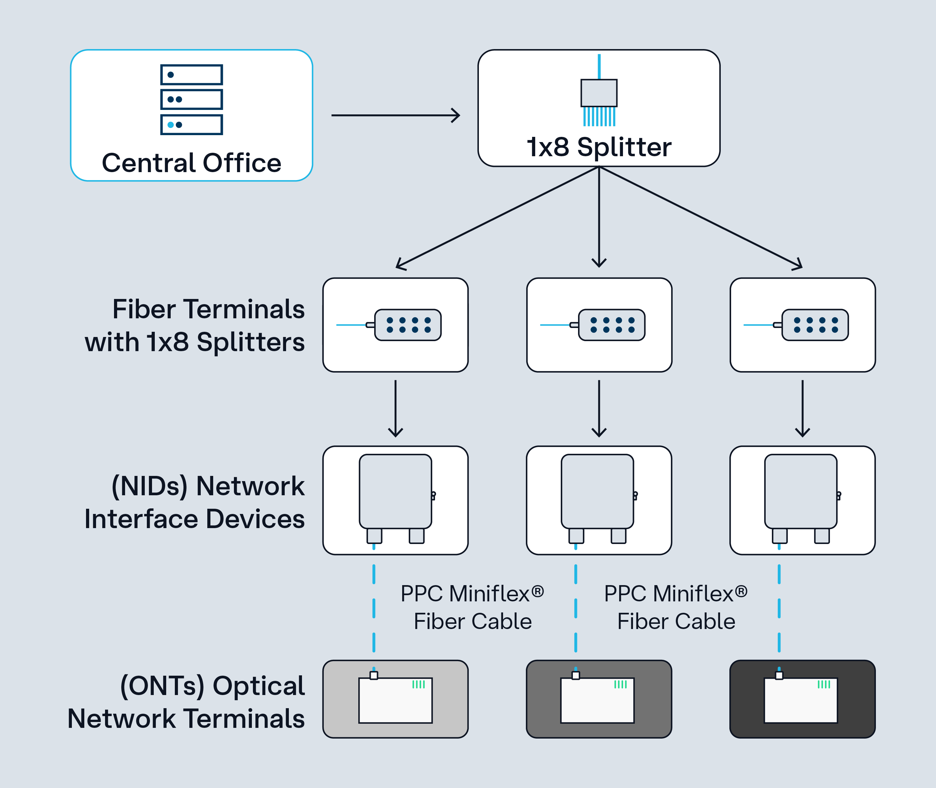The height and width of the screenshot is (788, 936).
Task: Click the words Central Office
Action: [191, 162]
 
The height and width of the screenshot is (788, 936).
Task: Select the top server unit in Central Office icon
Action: [191, 75]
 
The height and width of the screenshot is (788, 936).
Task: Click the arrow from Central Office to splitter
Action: [395, 115]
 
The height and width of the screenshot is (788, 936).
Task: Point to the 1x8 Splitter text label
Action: [599, 147]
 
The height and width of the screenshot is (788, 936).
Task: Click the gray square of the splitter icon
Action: [599, 93]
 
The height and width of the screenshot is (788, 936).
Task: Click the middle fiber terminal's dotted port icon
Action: [611, 325]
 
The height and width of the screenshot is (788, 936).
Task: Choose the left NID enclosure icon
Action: [395, 491]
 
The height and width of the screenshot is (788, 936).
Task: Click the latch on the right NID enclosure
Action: [839, 495]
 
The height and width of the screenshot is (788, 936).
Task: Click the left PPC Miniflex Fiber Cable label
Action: [472, 607]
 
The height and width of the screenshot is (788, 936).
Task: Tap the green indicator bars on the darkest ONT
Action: [823, 684]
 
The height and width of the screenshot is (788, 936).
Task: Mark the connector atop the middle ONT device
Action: [576, 675]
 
